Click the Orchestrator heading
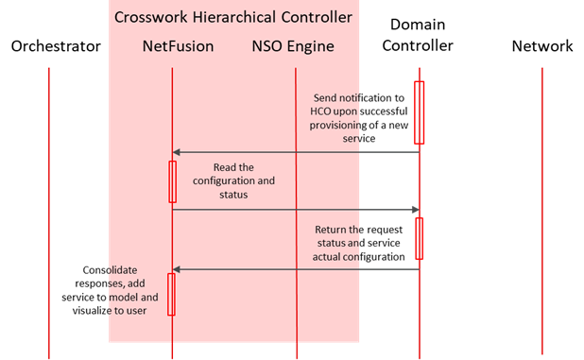(x=56, y=46)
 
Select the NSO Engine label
(x=293, y=45)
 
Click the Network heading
(x=541, y=46)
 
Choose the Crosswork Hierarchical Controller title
(x=232, y=17)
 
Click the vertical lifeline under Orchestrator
(x=49, y=208)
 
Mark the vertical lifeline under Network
(x=542, y=208)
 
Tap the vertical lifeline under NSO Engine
(x=297, y=208)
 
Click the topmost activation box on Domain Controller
(x=420, y=111)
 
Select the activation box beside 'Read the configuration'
(x=172, y=181)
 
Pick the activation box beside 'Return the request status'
(x=419, y=238)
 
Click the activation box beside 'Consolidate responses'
(x=172, y=294)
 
